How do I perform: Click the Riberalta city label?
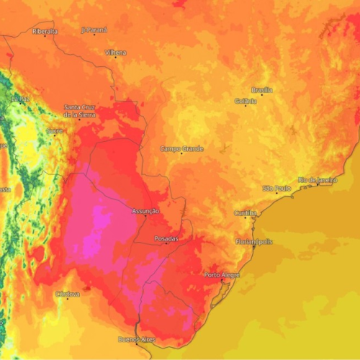[x=44, y=31]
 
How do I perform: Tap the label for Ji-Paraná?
[x=94, y=30]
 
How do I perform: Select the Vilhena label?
[x=115, y=53]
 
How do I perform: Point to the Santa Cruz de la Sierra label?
[x=79, y=110]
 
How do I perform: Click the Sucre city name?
[x=54, y=131]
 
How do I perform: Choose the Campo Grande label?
[x=181, y=148]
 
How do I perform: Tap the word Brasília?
[x=262, y=89]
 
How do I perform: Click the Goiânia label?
[x=246, y=102]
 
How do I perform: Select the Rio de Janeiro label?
[x=318, y=179]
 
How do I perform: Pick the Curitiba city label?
[x=246, y=213]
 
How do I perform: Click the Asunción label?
[x=146, y=211]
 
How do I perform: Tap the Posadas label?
[x=166, y=238]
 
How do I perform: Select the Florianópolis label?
[x=254, y=241]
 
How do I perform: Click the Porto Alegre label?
[x=222, y=275]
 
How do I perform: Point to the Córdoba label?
[x=68, y=294]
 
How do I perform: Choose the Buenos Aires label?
[x=136, y=338]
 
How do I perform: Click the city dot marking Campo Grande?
[x=181, y=154]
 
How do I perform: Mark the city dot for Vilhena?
[x=115, y=58]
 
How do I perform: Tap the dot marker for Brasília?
[x=261, y=94]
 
